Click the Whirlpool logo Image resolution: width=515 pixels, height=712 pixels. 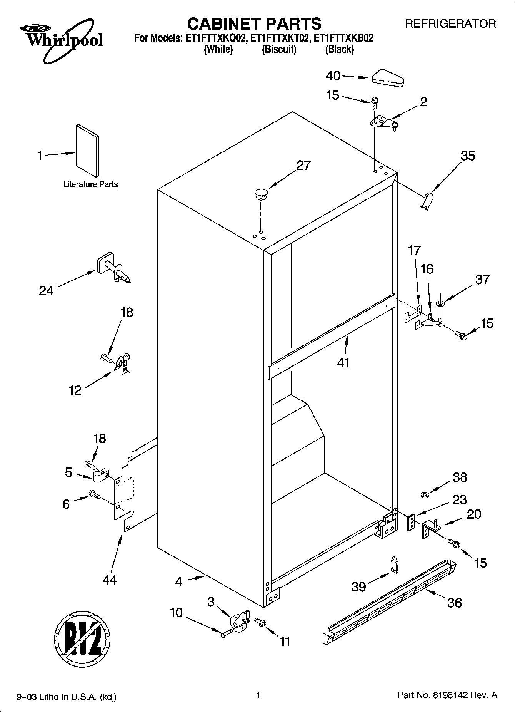click(x=62, y=40)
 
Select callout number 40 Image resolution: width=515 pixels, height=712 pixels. click(x=333, y=76)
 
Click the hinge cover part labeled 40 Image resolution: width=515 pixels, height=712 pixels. click(x=387, y=78)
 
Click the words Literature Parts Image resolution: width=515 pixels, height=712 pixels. click(x=90, y=184)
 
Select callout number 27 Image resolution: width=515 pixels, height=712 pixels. click(x=303, y=165)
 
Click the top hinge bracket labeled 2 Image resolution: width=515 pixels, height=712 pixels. click(x=383, y=124)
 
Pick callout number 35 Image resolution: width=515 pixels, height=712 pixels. click(x=468, y=156)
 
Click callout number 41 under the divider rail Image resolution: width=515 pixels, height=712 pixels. click(x=343, y=362)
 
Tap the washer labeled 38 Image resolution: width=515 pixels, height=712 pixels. click(x=425, y=494)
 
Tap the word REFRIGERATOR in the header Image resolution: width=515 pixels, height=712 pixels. click(x=450, y=24)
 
